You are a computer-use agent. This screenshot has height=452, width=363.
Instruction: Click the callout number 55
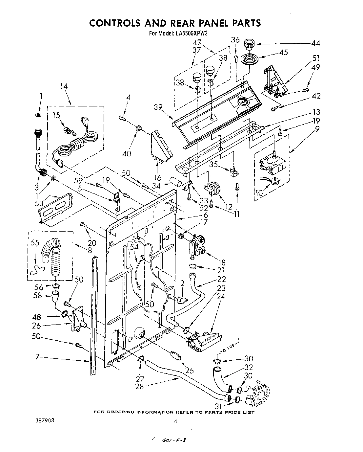click(x=35, y=243)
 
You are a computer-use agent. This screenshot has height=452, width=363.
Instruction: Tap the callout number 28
click(x=140, y=387)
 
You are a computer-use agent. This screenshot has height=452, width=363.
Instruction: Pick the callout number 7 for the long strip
click(x=37, y=356)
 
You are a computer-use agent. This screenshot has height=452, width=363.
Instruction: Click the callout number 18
click(x=222, y=262)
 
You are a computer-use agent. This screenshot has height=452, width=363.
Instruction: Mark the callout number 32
click(x=249, y=367)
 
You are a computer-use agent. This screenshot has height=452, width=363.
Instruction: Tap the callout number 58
click(x=38, y=295)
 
